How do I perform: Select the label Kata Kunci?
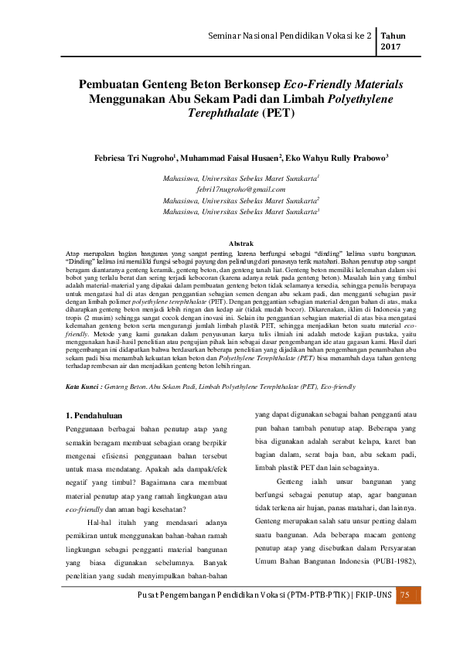pyautogui.click(x=83, y=384)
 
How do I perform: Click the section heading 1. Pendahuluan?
pyautogui.click(x=100, y=418)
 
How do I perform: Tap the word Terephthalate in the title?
pyautogui.click(x=222, y=113)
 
